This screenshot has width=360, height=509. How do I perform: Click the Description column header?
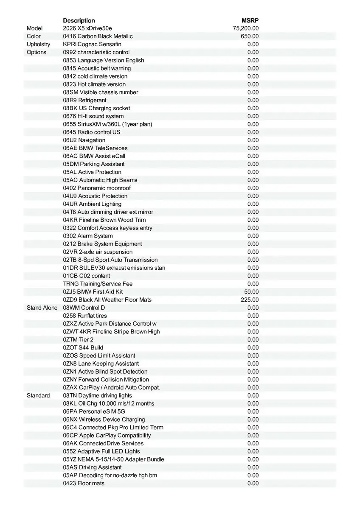pyautogui.click(x=79, y=20)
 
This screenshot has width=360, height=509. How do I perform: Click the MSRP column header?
pyautogui.click(x=250, y=20)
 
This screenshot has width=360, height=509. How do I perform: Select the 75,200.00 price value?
pyautogui.click(x=246, y=28)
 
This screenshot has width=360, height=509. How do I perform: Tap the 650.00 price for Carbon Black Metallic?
pyautogui.click(x=250, y=36)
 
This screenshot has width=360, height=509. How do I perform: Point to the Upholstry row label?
pyautogui.click(x=38, y=44)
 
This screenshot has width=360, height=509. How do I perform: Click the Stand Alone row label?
pyautogui.click(x=42, y=308)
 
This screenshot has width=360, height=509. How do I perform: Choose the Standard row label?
pyautogui.click(x=38, y=395)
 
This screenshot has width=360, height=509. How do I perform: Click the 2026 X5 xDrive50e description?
pyautogui.click(x=87, y=28)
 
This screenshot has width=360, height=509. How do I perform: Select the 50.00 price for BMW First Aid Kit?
pyautogui.click(x=251, y=292)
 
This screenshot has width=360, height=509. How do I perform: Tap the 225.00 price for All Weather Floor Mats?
pyautogui.click(x=250, y=300)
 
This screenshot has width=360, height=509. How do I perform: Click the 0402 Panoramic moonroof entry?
pyautogui.click(x=97, y=188)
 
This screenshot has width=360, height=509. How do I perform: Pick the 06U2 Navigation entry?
pyautogui.click(x=84, y=140)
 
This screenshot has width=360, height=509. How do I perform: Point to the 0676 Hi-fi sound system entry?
pyautogui.click(x=93, y=116)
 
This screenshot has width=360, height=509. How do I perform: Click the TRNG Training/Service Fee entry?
pyautogui.click(x=98, y=284)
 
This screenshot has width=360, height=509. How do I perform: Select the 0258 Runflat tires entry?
pyautogui.click(x=85, y=316)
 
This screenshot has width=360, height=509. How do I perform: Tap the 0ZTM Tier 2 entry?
pyautogui.click(x=78, y=340)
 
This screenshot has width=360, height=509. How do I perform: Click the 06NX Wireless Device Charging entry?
pyautogui.click(x=104, y=420)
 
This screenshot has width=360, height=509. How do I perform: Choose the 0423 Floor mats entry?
pyautogui.click(x=84, y=483)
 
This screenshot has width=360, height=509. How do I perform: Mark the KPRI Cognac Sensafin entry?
pyautogui.click(x=92, y=44)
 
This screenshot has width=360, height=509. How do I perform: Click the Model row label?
pyautogui.click(x=35, y=28)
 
